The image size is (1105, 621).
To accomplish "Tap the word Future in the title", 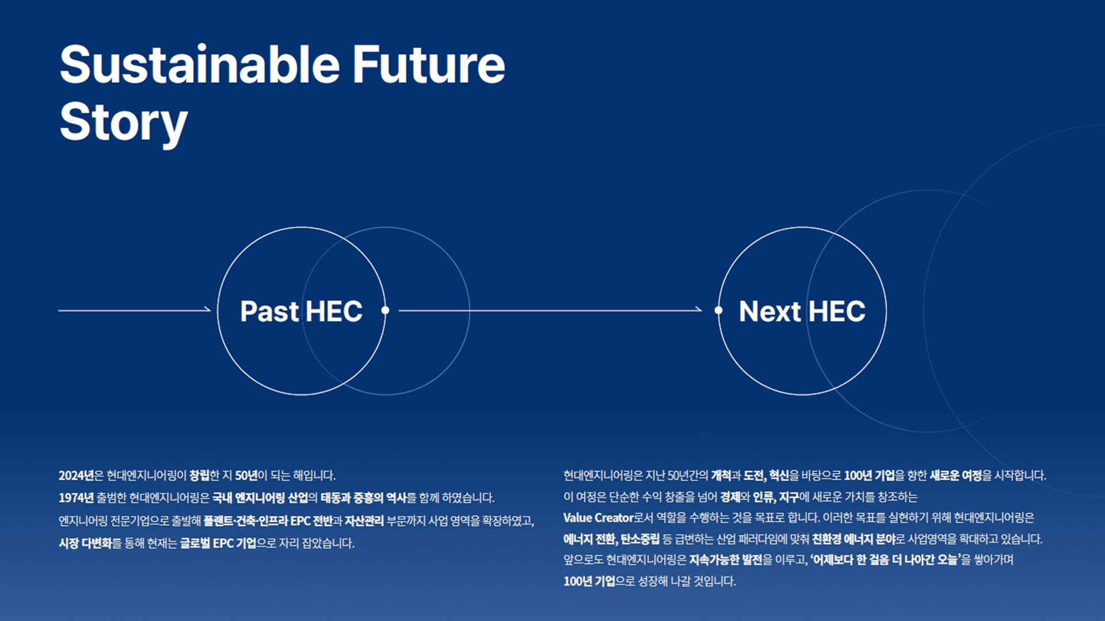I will pos(428,64).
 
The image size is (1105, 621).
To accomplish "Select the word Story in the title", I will pos(124,122).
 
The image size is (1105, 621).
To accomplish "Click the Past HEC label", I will pos(301,311).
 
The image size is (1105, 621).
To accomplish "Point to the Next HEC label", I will pos(802,311).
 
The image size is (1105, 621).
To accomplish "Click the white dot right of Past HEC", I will pos(385,310).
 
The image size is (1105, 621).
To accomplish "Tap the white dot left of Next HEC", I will pos(718,310).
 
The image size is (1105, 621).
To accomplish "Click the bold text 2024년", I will pos(76,476).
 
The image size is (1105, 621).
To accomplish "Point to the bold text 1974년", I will pos(76,498).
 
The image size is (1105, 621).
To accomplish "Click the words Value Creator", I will pos(598,517).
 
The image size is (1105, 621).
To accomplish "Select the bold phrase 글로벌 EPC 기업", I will pos(218,543).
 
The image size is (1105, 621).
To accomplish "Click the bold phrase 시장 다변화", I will pos(85,543).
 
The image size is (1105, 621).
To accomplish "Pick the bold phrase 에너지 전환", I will pos(589,539).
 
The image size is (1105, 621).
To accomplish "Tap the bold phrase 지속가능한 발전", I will pos(726,560).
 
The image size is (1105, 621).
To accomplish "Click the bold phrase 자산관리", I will pos(364,521).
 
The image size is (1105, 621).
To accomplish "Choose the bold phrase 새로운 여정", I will pos(956,476).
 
